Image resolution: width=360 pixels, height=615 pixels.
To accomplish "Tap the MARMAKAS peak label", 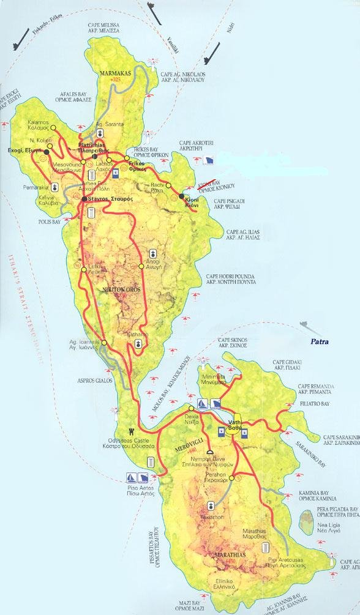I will (115, 73).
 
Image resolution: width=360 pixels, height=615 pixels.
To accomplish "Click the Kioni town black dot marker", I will (182, 196).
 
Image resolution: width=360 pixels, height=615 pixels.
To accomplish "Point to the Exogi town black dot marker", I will (47, 151).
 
